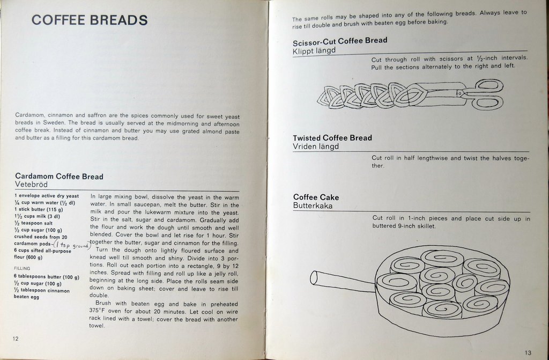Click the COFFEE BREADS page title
point(90,20)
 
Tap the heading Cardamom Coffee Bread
point(59,177)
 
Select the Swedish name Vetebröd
point(31,185)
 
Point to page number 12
point(16,339)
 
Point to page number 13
point(528,352)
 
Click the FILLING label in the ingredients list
point(22,268)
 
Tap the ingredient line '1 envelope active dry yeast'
point(47,196)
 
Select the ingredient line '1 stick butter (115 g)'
point(39,209)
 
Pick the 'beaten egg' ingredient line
point(27,297)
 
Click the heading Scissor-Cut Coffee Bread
point(340,41)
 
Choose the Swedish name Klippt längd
point(314,51)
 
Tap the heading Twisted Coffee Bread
point(332,138)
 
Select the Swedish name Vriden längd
point(316,146)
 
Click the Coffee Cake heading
point(316,197)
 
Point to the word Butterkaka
point(313,206)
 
